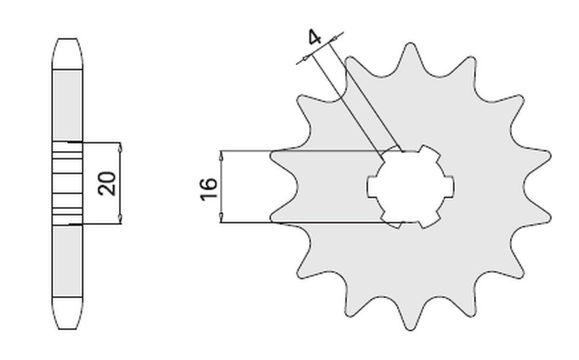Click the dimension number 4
click(x=315, y=38)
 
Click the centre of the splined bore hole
click(x=410, y=186)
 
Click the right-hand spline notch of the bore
click(x=449, y=186)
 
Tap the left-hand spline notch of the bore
click(x=371, y=186)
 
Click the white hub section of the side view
click(x=67, y=184)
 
